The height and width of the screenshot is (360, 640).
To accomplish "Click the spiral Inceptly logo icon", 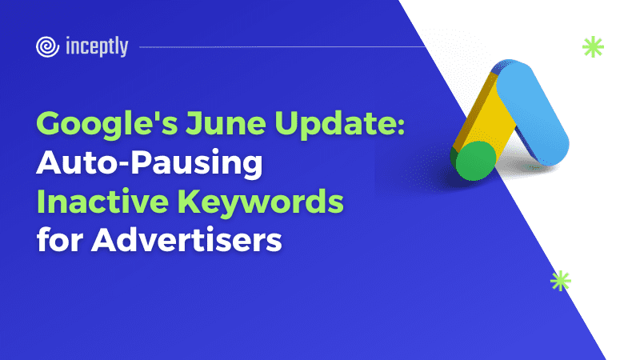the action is (47, 46).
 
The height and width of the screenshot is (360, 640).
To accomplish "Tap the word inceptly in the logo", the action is (97, 46).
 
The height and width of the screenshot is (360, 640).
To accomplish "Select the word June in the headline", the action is (226, 122).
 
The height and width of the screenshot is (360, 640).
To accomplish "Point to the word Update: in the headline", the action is (339, 124).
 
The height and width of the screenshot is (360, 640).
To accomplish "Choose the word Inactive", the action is (102, 202).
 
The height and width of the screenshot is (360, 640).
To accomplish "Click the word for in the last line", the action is (60, 239).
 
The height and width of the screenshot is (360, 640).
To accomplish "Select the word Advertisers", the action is (186, 239).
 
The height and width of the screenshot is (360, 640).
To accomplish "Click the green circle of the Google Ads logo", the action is (474, 161).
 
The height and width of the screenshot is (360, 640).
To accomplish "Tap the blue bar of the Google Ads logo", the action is (532, 112).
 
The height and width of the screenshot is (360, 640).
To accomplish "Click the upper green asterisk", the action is (593, 46).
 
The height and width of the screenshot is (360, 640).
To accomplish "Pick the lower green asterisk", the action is (561, 281).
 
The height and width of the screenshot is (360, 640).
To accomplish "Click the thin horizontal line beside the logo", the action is (282, 47).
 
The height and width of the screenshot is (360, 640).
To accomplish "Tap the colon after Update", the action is (401, 126).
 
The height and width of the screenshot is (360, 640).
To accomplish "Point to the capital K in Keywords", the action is (190, 202).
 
